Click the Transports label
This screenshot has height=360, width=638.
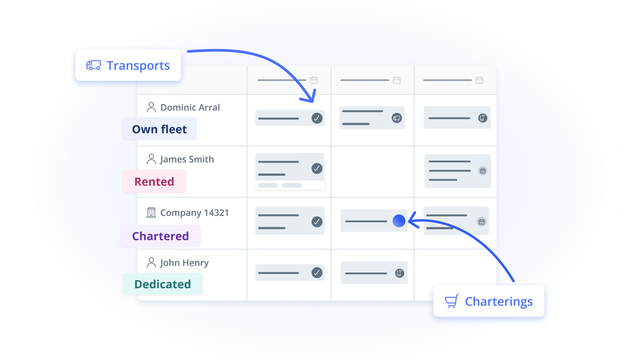coord(138,66)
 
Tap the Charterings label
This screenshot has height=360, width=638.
coord(498,301)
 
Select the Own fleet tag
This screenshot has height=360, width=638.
coord(159,129)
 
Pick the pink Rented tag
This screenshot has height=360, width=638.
coord(154,181)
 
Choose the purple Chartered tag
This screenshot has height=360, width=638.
coord(160,236)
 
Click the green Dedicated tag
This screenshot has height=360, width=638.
coord(162,284)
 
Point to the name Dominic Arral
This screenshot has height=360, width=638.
coord(190,107)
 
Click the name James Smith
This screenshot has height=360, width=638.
coord(187,159)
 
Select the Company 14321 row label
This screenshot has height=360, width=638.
coord(195,213)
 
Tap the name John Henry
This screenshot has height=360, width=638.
coord(184,262)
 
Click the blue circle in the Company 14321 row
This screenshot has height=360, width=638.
coord(399,221)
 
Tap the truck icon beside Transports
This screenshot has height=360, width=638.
coord(93,65)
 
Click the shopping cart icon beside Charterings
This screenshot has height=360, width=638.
coord(452,301)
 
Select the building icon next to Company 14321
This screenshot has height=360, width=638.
coord(151,213)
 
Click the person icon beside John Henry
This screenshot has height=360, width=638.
coord(151,262)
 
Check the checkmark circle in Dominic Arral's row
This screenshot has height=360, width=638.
coord(317,118)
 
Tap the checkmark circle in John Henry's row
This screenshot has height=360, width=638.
coord(317,273)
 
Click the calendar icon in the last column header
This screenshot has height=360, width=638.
coord(479,80)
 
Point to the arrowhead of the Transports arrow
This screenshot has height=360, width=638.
coord(312,99)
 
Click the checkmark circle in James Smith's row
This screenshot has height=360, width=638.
coord(317,169)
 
